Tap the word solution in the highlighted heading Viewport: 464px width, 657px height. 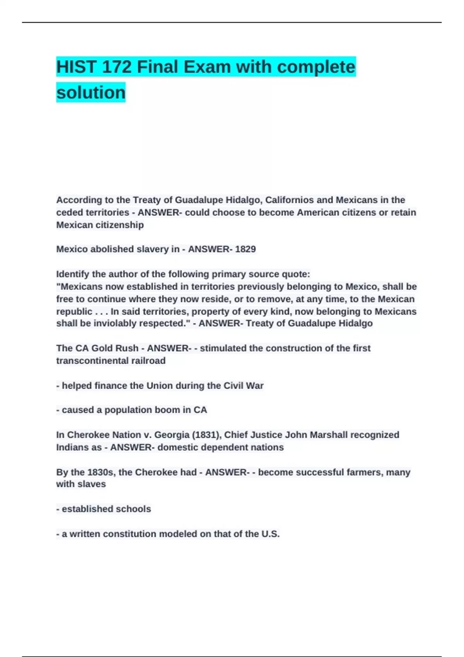(91, 93)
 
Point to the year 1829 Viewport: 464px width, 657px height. (245, 249)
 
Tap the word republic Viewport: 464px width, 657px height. (74, 311)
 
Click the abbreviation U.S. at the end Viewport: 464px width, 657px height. (270, 534)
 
